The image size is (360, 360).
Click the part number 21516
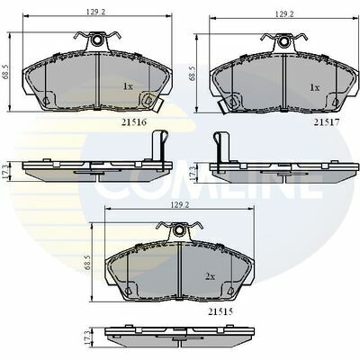tap(134, 122)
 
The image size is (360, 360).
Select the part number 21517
tap(327, 122)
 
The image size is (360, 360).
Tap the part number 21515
tap(220, 311)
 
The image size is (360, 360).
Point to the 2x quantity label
tap(211, 276)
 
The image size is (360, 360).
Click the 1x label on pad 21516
tap(128, 86)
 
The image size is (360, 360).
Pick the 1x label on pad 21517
tap(315, 87)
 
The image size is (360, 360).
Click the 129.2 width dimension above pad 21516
tap(94, 13)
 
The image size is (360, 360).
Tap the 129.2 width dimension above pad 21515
tap(178, 204)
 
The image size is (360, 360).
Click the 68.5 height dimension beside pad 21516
tap(6, 72)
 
